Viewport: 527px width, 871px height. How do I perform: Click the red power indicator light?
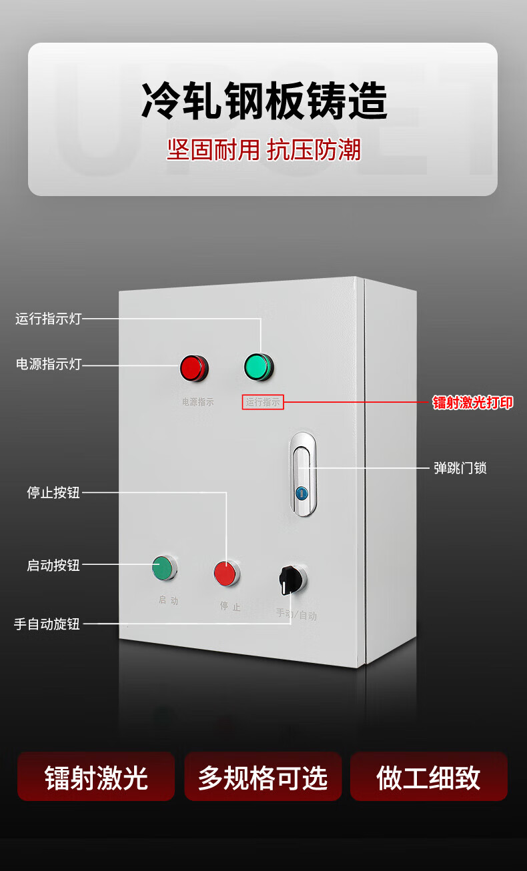point(193,368)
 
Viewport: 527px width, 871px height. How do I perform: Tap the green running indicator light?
point(258,367)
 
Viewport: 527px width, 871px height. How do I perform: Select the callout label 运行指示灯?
point(48,319)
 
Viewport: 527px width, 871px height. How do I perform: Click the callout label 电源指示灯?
point(48,364)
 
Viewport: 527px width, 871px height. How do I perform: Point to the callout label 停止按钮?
point(53,493)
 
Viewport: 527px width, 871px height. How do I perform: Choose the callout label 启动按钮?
point(53,565)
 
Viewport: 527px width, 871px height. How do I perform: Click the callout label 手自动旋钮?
point(47,624)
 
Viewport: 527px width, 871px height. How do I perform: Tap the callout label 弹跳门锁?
point(460,468)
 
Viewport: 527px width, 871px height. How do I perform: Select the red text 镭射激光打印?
point(473,403)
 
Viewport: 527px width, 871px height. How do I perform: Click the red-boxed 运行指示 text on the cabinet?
point(263,402)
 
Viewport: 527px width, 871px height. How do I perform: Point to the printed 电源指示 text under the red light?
point(198,402)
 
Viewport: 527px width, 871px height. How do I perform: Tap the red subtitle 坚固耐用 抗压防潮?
point(263,150)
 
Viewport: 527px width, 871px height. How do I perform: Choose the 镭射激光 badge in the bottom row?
point(96,777)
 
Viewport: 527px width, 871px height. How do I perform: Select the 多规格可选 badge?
point(263,777)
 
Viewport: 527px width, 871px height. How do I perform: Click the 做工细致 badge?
point(428,777)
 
